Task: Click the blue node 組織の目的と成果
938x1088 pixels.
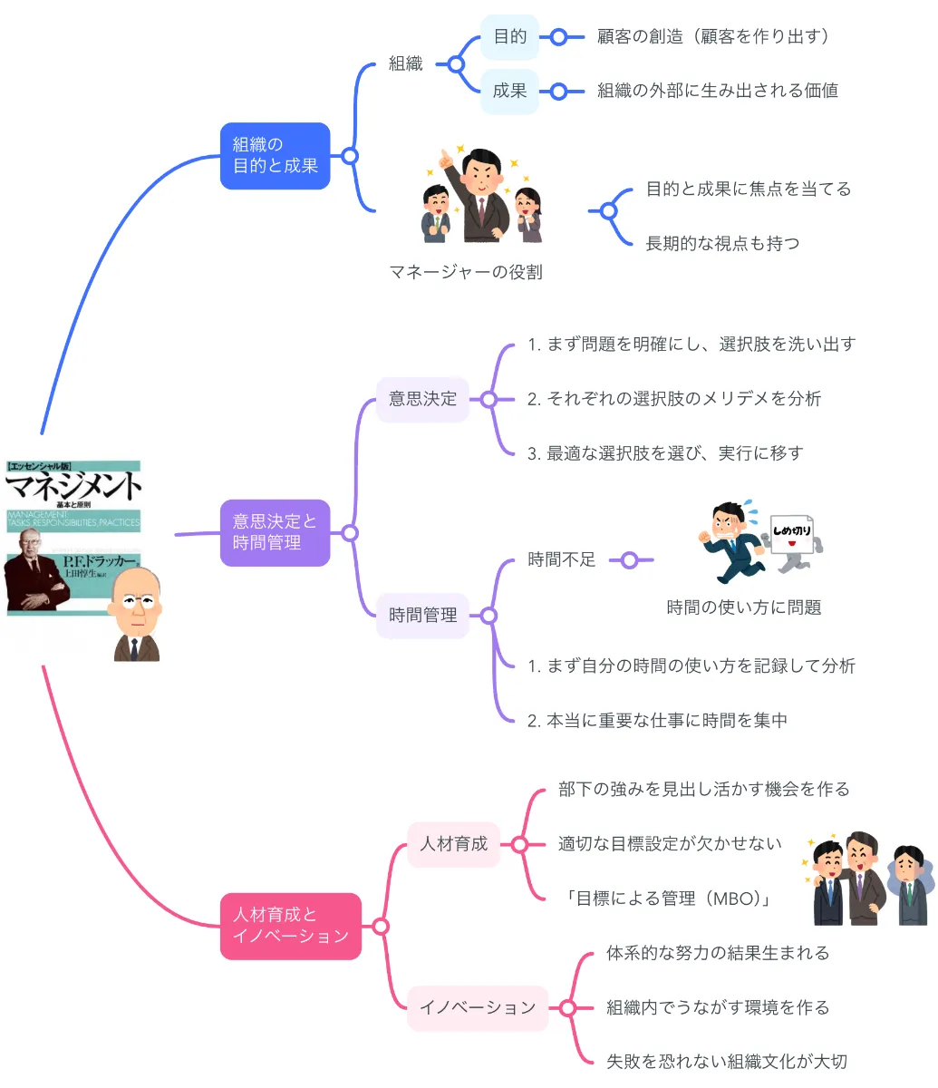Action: (275, 156)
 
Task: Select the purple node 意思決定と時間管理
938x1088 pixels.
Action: (275, 532)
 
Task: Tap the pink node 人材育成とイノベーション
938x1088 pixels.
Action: (290, 926)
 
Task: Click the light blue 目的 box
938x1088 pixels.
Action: (509, 37)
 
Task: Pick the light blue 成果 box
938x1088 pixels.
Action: (509, 91)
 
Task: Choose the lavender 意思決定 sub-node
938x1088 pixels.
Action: (422, 399)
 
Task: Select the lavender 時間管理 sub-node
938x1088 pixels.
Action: (422, 616)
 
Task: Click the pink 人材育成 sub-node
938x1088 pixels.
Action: (453, 844)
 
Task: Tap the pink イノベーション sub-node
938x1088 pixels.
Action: (478, 1007)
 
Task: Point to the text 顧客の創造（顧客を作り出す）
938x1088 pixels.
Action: (713, 37)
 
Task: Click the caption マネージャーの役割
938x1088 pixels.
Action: (466, 272)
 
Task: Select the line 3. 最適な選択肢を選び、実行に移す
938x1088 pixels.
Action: (665, 453)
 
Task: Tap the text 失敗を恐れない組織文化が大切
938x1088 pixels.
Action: (726, 1062)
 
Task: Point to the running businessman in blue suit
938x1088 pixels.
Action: (732, 542)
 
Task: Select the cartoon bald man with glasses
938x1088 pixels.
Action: (136, 615)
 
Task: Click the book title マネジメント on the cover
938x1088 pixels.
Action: (73, 487)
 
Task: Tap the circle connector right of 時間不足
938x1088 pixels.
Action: (629, 560)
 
